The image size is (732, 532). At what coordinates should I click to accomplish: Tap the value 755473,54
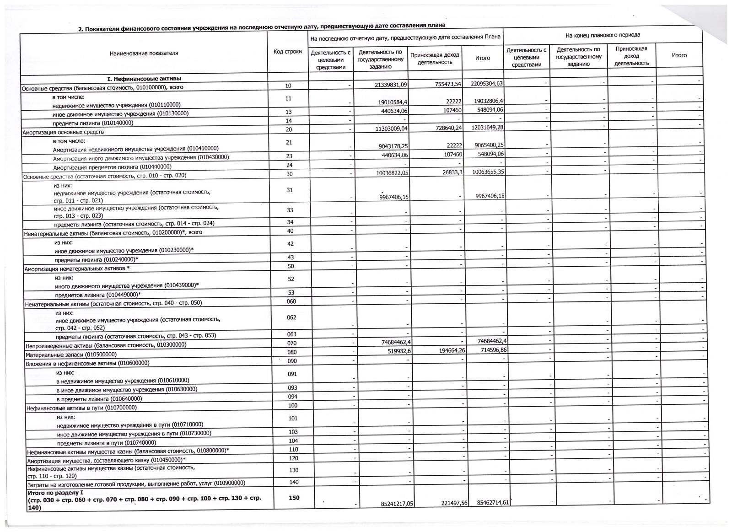(x=445, y=84)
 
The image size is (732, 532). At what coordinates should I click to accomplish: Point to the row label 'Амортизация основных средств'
(x=64, y=132)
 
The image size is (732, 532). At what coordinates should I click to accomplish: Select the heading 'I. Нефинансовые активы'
(x=144, y=79)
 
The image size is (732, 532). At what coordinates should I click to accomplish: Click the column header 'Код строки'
(x=288, y=52)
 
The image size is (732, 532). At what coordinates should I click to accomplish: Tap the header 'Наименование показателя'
(x=144, y=54)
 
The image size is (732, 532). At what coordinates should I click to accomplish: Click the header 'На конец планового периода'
(x=603, y=35)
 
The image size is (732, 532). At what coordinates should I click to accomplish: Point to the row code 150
(x=294, y=498)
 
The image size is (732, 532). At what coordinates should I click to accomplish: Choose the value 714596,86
(x=490, y=350)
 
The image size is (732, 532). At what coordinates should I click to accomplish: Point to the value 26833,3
(x=450, y=172)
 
